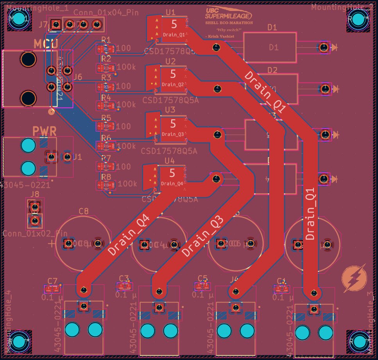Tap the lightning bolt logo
click(x=354, y=278)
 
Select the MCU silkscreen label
click(x=46, y=43)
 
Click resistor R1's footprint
click(x=106, y=49)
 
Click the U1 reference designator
click(x=170, y=12)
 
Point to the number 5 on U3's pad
click(x=173, y=124)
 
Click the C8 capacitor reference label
click(x=84, y=211)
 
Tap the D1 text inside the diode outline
click(x=274, y=47)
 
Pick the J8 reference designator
click(x=34, y=194)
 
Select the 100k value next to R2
click(x=126, y=67)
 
